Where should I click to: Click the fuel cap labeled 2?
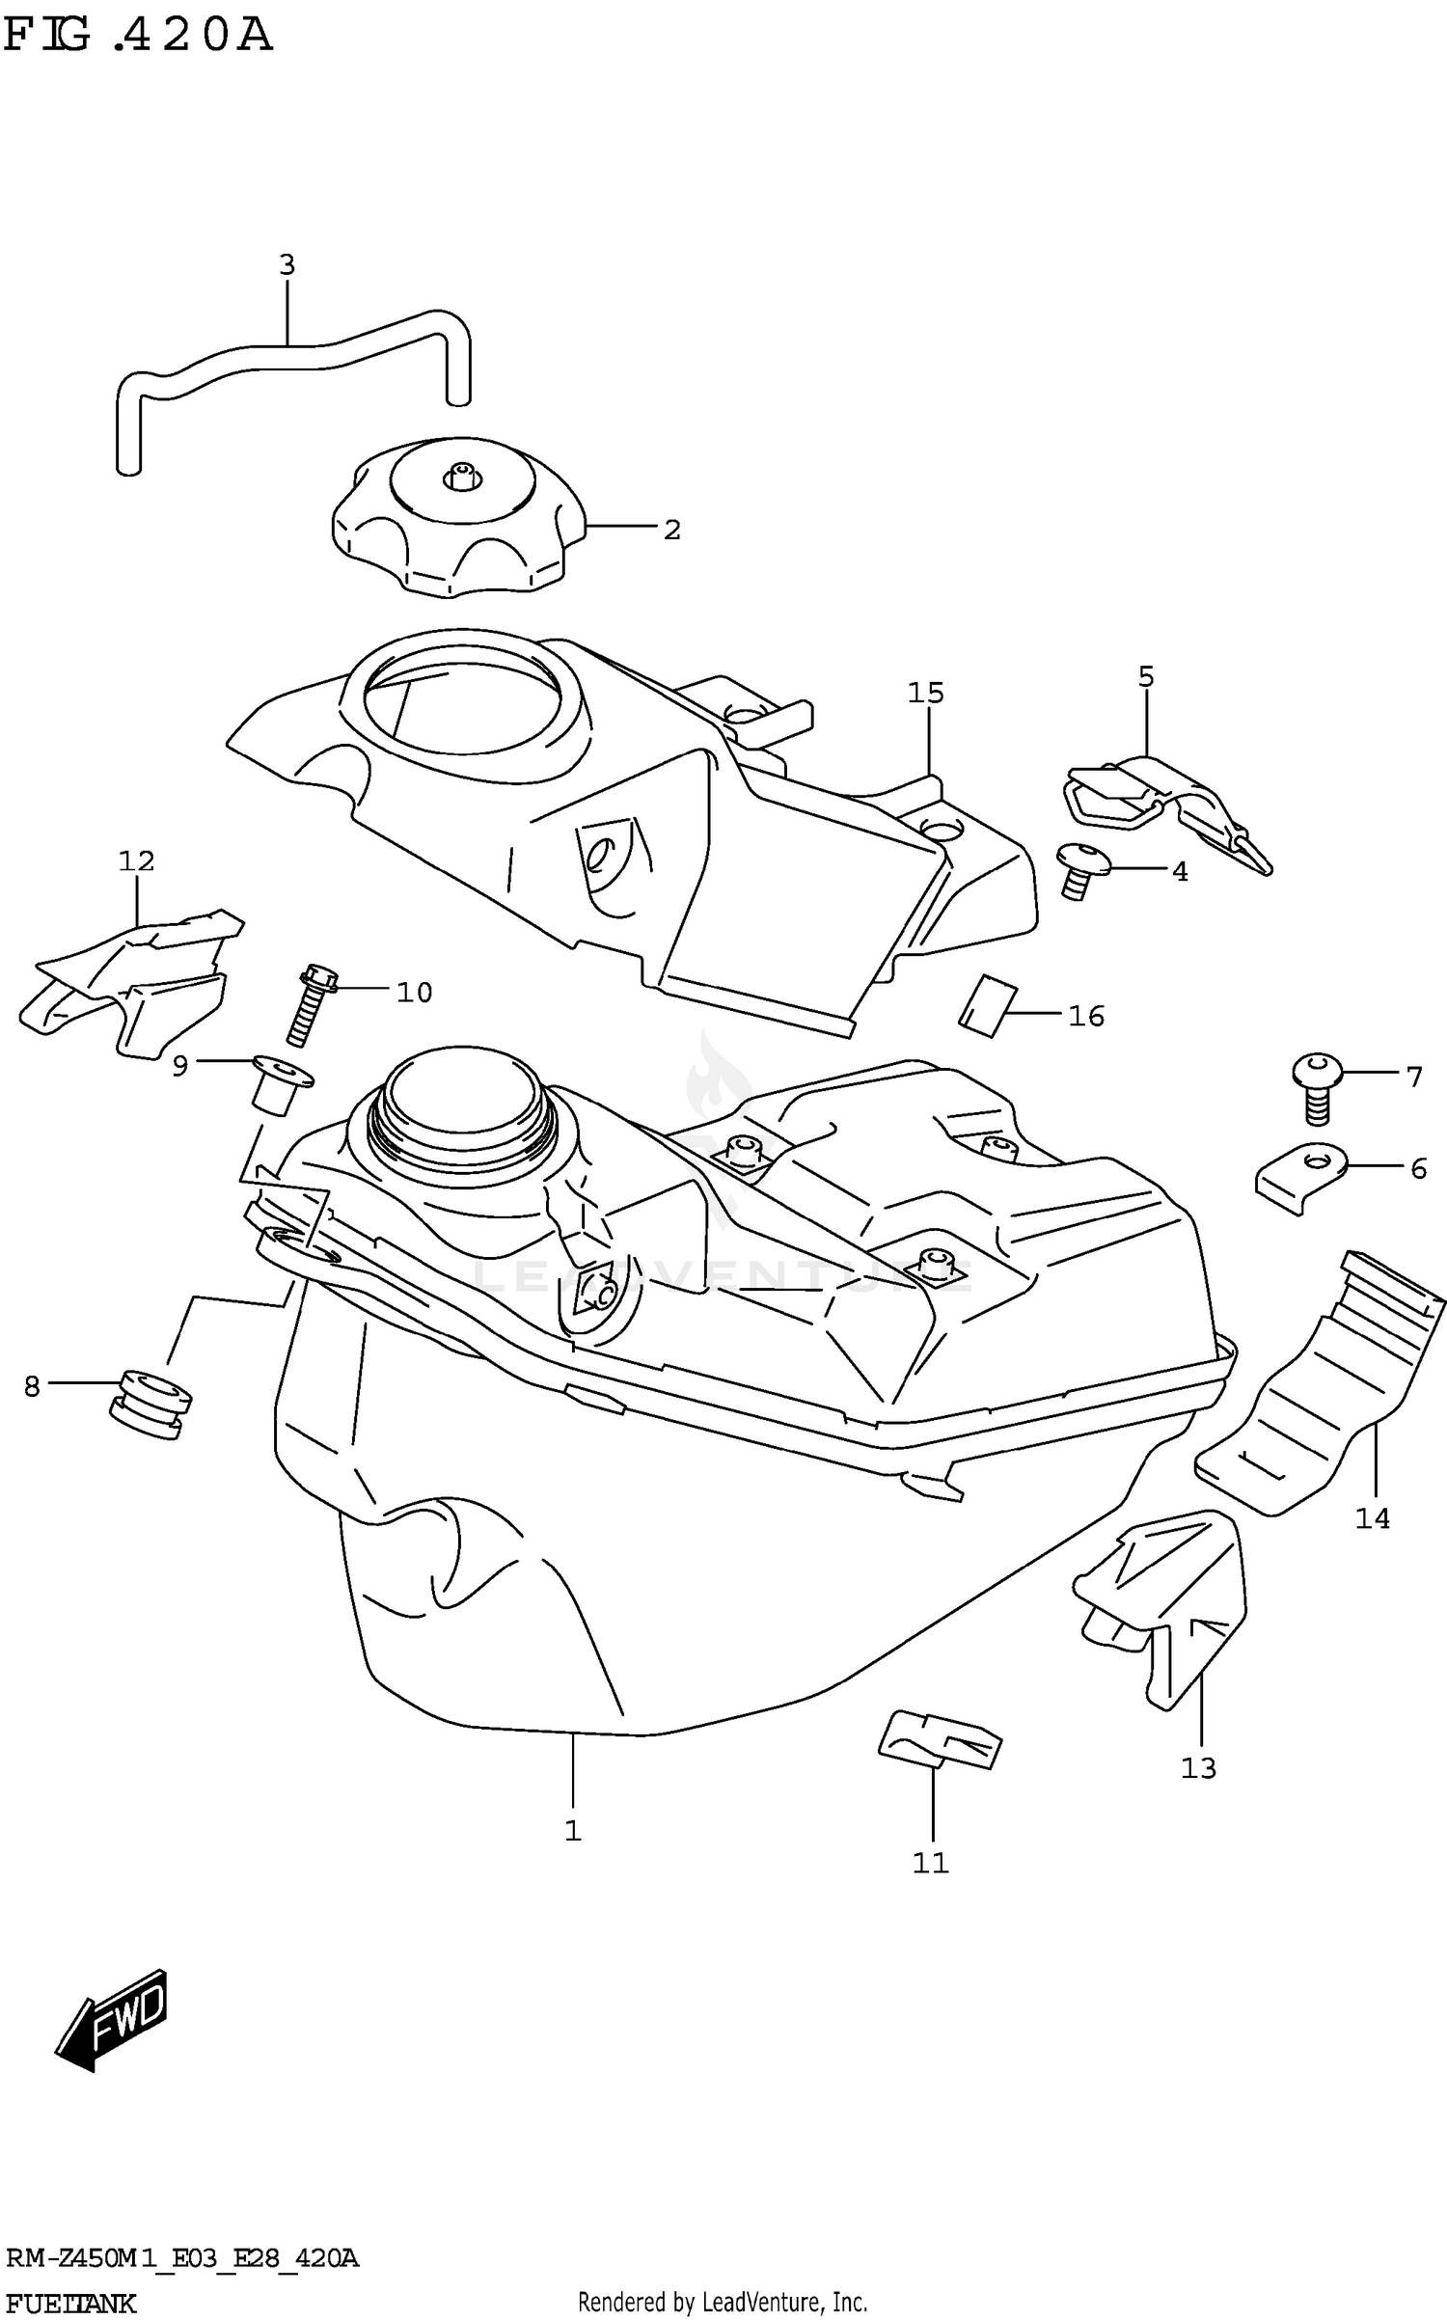(457, 526)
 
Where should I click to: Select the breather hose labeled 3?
(289, 357)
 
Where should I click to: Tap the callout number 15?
(925, 693)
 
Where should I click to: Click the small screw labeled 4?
(1078, 869)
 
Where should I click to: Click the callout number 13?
(1198, 1767)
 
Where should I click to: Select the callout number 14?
(1372, 1518)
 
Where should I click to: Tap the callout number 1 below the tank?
(573, 1830)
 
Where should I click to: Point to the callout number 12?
(136, 860)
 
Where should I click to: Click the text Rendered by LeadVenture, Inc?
(723, 2302)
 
